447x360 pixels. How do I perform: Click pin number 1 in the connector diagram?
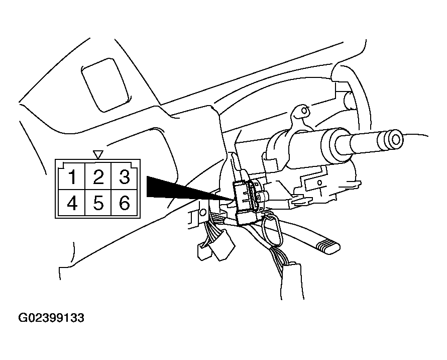tap(72, 177)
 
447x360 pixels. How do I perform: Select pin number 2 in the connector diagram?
tap(98, 177)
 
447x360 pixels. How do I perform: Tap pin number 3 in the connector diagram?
tap(124, 176)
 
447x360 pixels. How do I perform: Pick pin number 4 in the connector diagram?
tap(72, 203)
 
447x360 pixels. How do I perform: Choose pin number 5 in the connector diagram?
tap(98, 203)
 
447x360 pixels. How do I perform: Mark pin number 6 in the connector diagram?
tap(124, 203)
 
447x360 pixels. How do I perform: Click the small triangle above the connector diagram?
tap(98, 154)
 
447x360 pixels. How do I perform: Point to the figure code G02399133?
tap(51, 318)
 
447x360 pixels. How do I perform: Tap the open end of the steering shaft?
tap(396, 140)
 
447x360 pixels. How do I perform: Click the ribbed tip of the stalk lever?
tap(328, 246)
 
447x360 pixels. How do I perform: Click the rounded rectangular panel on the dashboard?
tap(105, 85)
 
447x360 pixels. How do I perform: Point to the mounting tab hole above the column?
tap(304, 110)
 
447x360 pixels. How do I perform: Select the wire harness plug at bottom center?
tap(292, 281)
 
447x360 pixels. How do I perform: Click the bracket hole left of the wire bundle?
tap(203, 212)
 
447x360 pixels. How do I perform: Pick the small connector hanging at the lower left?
tap(203, 251)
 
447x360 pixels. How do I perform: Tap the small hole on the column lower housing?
tap(319, 182)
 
